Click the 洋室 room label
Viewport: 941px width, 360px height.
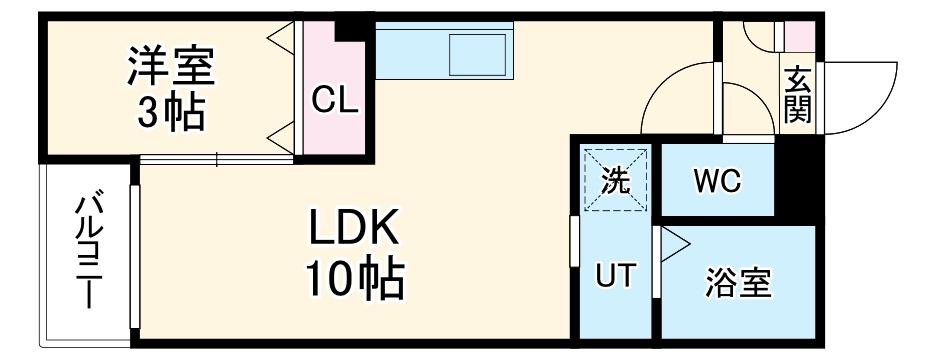pos(170,68)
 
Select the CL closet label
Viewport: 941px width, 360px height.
pos(335,100)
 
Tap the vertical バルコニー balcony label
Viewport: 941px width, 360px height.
pos(88,250)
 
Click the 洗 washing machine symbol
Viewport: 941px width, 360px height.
pos(616,180)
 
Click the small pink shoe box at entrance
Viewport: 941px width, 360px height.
pos(798,36)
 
